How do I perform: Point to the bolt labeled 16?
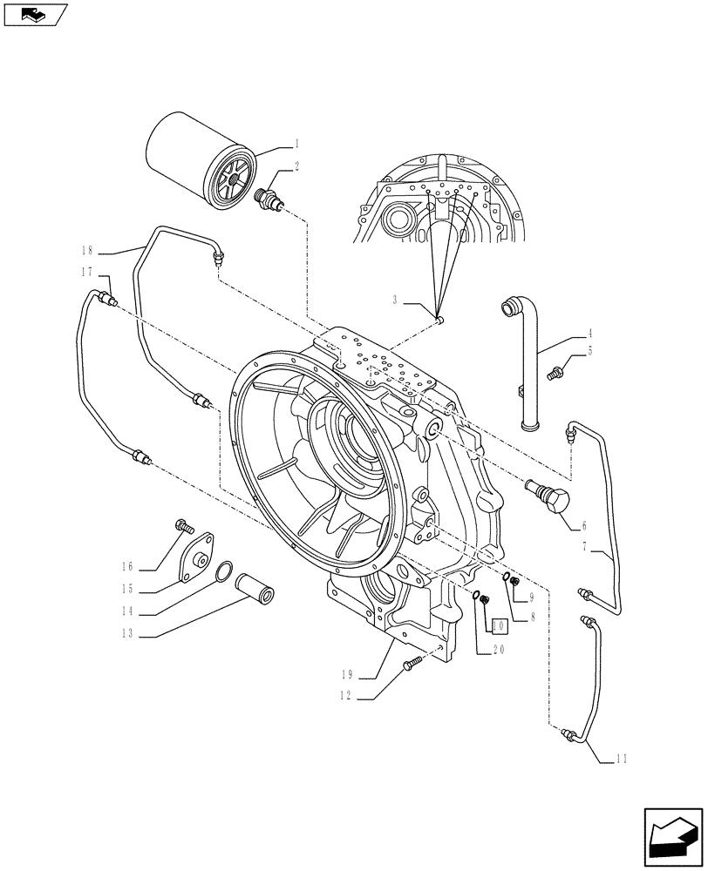pos(183,525)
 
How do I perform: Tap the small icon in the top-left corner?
pos(33,14)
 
